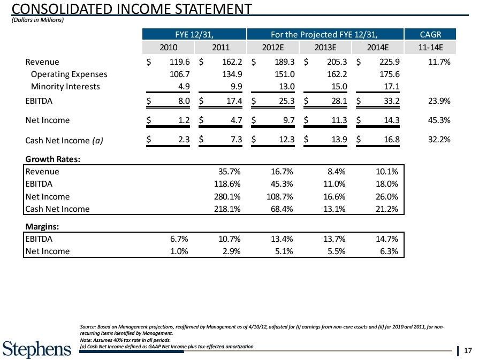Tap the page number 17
(468, 351)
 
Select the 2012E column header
(273, 47)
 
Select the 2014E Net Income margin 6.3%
(386, 250)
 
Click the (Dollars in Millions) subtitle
(37, 20)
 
